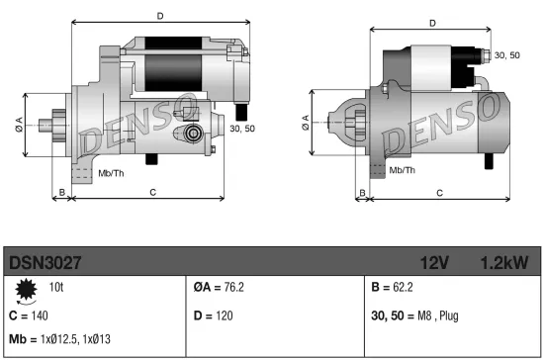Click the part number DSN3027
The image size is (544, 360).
(x=45, y=264)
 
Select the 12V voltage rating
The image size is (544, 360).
(x=436, y=264)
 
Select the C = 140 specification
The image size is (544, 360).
(x=27, y=315)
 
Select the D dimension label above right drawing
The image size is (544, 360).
(x=432, y=22)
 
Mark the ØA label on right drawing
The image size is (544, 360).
(x=304, y=123)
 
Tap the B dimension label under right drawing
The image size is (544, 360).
(x=361, y=193)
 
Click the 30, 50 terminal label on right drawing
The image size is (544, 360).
(x=506, y=55)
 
